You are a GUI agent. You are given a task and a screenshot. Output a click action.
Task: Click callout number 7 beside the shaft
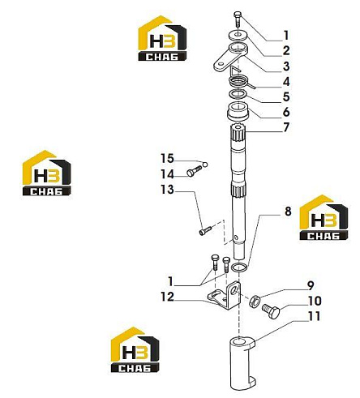286,127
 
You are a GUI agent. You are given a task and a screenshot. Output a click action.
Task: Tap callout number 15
167,159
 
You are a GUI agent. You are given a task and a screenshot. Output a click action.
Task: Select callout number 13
167,190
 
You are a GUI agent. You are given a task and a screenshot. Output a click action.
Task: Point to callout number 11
314,316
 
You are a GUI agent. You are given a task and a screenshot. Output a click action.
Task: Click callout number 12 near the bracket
167,297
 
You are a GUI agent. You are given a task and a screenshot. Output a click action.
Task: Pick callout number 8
288,212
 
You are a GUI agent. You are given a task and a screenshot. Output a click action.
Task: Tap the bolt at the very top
238,19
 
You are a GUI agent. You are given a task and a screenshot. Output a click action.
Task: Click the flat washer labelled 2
238,35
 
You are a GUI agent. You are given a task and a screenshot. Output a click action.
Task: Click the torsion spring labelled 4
239,80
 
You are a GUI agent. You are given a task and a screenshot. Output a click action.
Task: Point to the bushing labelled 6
238,111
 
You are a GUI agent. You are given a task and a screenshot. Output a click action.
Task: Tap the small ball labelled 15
205,165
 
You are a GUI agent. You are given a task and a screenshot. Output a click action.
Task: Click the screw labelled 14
194,171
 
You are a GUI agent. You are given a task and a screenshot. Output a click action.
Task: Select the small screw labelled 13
206,231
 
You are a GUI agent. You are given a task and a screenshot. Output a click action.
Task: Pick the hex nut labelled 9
255,302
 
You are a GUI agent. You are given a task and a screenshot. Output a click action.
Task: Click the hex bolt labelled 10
271,311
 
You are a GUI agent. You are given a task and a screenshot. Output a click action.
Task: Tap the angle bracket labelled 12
225,296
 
